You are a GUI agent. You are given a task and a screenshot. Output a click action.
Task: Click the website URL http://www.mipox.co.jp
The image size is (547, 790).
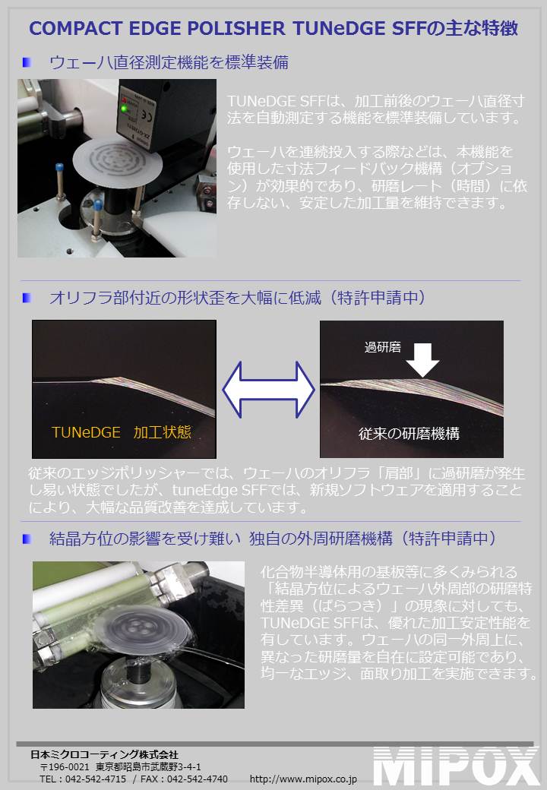(x=303, y=779)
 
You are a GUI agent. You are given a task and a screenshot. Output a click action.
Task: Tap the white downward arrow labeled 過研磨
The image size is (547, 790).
(x=422, y=360)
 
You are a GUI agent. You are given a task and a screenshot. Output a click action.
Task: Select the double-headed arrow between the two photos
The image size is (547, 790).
(x=268, y=390)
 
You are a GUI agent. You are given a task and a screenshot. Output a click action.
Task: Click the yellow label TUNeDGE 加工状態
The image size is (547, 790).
(x=122, y=432)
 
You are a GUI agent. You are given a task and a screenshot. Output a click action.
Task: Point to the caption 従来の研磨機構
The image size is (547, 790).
(x=409, y=433)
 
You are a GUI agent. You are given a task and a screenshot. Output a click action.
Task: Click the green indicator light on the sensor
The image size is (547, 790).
(x=123, y=109)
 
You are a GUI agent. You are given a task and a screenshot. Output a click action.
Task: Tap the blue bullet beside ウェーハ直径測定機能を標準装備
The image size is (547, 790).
(x=27, y=62)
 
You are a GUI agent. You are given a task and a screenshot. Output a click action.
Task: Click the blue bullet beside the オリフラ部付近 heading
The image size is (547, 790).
(x=27, y=298)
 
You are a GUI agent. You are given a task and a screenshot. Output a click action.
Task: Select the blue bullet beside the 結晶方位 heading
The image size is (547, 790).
(x=27, y=539)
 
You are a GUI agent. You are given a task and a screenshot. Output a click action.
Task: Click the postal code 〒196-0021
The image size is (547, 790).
(x=65, y=766)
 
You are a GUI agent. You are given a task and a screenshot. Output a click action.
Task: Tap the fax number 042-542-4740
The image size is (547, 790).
(x=198, y=779)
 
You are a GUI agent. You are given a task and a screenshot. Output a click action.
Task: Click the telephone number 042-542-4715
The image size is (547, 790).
(x=96, y=779)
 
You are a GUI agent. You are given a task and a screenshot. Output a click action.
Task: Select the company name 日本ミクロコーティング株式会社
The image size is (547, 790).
(x=104, y=754)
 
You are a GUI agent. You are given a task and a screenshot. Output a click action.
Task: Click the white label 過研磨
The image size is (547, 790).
(x=383, y=347)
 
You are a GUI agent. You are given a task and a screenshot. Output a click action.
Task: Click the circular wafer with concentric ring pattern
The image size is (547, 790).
(x=119, y=160)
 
